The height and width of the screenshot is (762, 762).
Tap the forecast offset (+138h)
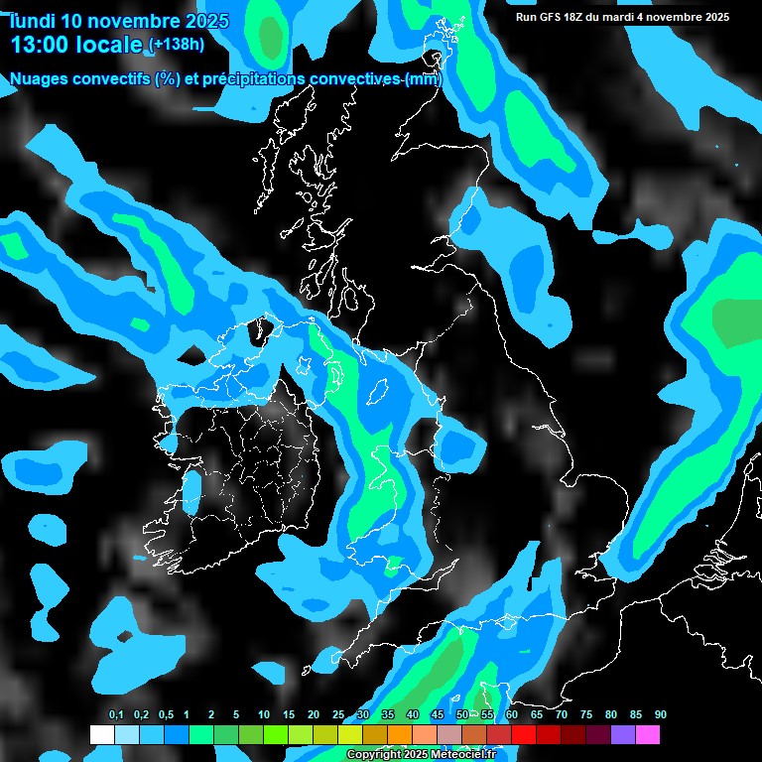coord(176,45)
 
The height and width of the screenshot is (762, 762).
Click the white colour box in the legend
coord(101,735)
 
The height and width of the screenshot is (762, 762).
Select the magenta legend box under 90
coord(648,735)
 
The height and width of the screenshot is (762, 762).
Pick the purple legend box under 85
coord(623,735)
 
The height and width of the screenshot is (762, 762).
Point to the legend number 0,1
coord(116,715)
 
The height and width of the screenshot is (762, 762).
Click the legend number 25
coord(338,715)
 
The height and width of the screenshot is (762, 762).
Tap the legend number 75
coord(586,715)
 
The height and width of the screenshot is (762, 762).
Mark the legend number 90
coord(661,715)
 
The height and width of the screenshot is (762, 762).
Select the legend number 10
coord(264,715)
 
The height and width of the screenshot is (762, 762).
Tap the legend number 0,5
coord(165,715)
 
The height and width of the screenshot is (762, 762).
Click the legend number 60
coord(512,715)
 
